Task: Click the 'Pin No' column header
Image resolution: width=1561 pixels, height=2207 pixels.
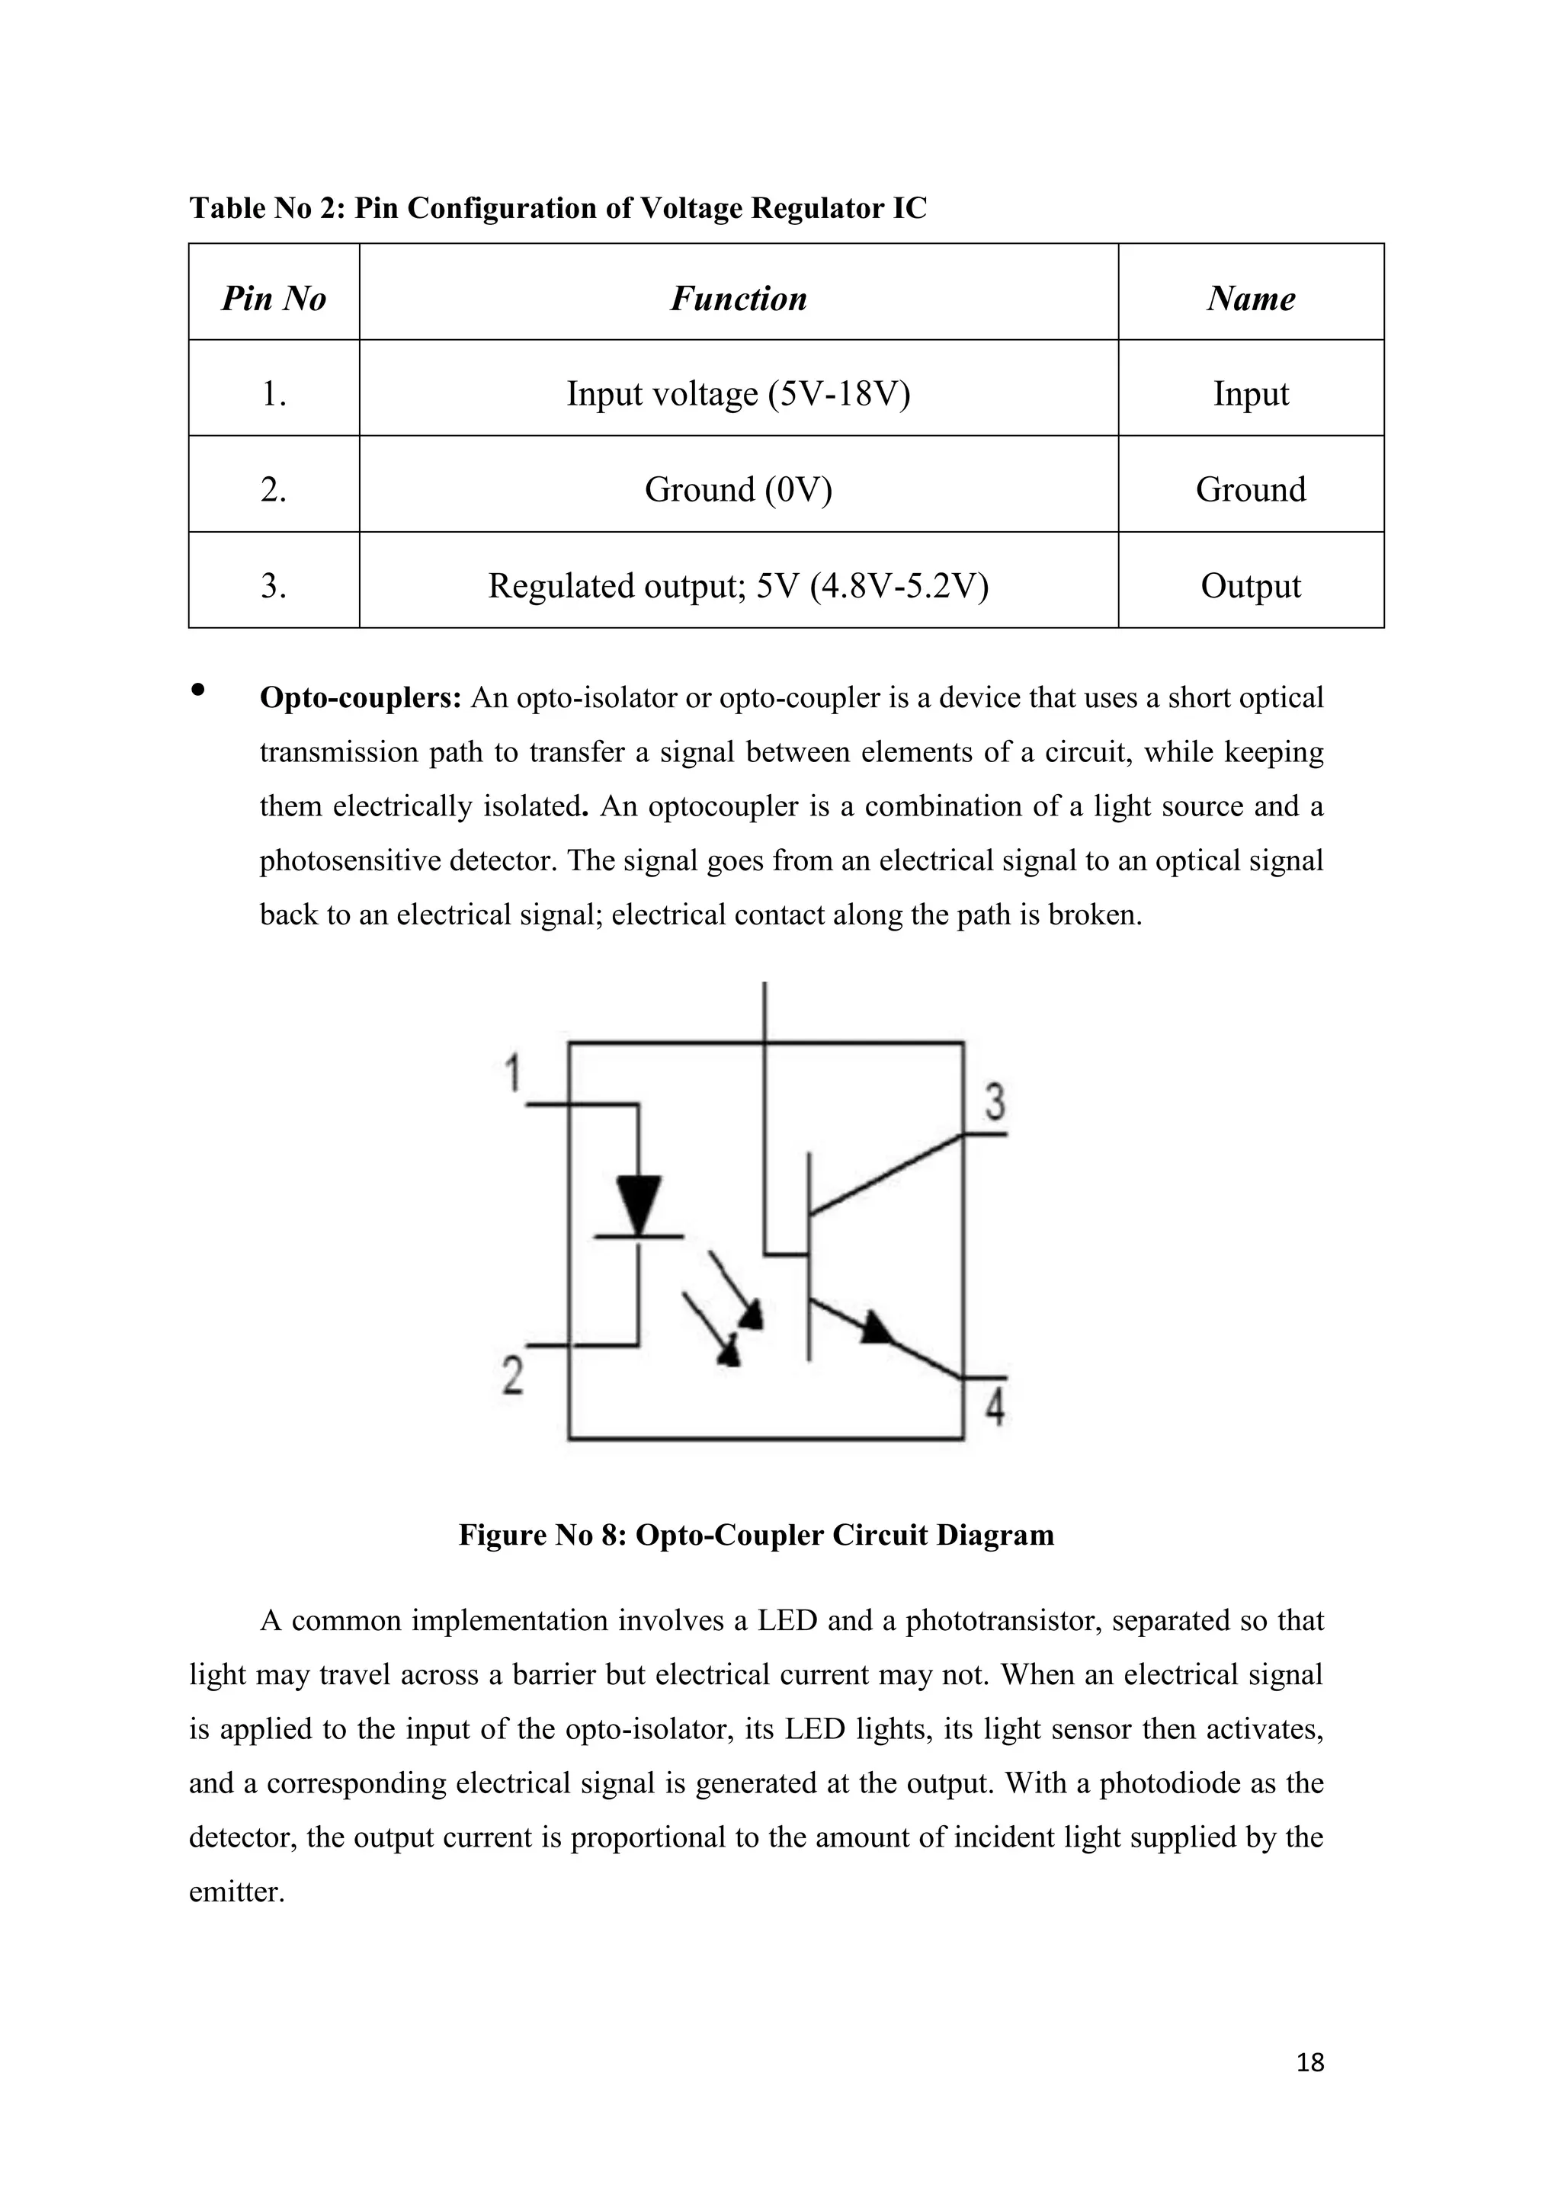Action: [x=274, y=299]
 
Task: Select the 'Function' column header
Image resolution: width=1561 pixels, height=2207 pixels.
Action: [x=739, y=299]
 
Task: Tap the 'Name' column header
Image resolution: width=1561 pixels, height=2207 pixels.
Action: [x=1251, y=299]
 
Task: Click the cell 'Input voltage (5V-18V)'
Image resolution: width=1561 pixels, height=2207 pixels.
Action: [x=739, y=394]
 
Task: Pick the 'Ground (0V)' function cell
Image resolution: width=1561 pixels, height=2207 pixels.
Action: [x=739, y=490]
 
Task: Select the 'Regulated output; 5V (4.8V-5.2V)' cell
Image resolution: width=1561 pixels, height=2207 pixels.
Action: [x=739, y=586]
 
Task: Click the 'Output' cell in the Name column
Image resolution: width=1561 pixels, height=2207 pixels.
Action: [x=1251, y=586]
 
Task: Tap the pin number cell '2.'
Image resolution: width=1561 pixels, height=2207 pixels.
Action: [x=274, y=490]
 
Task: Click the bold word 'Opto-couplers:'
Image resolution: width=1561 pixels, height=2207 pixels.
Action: [x=361, y=698]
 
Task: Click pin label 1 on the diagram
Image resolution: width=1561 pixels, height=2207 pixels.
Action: [x=514, y=1074]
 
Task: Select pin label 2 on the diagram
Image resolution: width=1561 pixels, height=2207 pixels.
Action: [x=513, y=1375]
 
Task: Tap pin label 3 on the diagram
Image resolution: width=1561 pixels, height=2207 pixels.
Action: [x=995, y=1103]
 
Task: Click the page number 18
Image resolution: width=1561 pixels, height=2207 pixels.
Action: [x=1310, y=2062]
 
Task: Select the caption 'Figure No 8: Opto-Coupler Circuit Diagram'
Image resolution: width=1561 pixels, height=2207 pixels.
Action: [x=756, y=1535]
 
